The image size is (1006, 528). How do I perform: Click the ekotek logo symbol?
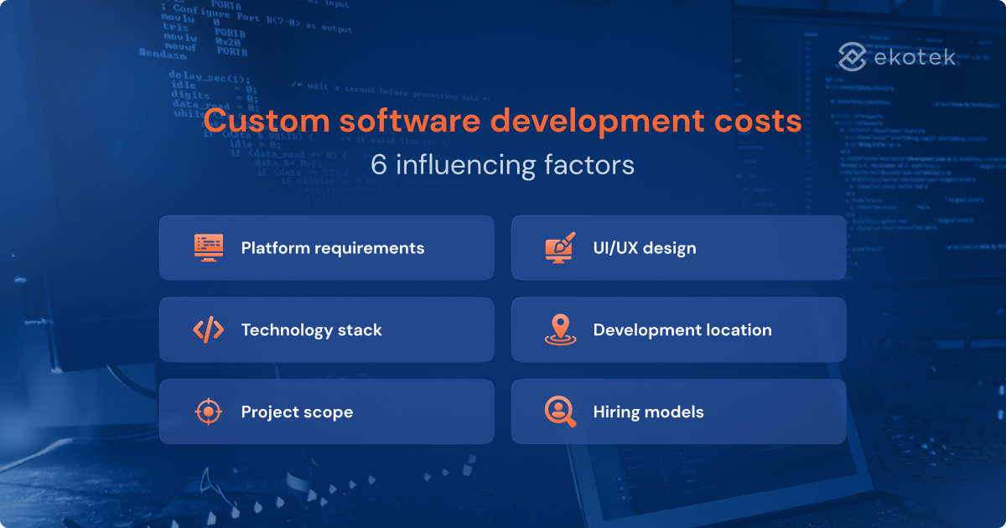[x=852, y=58]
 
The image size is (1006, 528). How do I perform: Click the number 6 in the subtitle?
[x=379, y=165]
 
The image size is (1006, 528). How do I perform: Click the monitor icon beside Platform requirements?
[x=208, y=247]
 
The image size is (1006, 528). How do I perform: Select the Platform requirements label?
[x=332, y=248]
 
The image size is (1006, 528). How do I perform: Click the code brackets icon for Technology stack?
[x=208, y=329]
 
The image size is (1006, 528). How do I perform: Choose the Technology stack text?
[x=311, y=330]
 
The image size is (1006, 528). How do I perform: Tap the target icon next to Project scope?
[x=208, y=412]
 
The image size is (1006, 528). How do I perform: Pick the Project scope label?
[x=297, y=412]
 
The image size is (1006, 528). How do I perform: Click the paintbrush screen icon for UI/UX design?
[x=560, y=247]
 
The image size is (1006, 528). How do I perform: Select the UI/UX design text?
[x=644, y=248]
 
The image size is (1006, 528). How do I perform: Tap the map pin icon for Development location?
[x=560, y=329]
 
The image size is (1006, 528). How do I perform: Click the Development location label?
[x=682, y=330]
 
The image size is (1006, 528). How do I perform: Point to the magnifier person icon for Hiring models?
[x=560, y=412]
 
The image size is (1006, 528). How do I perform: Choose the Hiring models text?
[x=648, y=412]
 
